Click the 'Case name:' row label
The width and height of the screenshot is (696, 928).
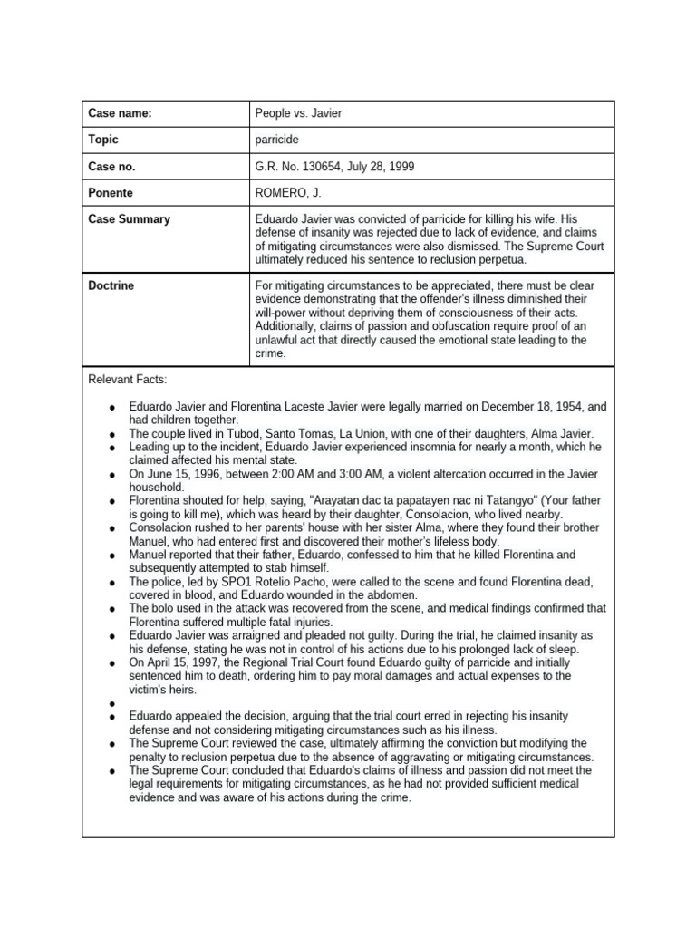[120, 113]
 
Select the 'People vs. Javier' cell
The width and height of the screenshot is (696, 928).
[299, 113]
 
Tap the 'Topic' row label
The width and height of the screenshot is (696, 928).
[103, 140]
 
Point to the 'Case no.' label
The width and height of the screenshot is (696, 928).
[111, 167]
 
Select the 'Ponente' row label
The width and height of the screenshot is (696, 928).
[111, 193]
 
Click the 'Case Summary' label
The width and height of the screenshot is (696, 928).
[129, 219]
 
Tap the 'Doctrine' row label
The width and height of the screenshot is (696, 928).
[111, 285]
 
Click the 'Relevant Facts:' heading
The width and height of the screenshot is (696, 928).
[128, 378]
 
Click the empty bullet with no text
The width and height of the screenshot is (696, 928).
[111, 703]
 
